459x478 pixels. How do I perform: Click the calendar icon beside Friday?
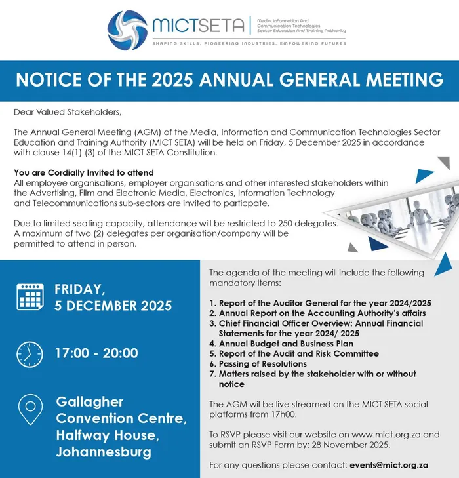click(29, 297)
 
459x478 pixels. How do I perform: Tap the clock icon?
click(29, 353)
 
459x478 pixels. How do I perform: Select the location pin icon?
click(29, 410)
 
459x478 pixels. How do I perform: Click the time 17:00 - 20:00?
click(96, 353)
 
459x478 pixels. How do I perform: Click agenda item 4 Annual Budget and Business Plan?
click(281, 343)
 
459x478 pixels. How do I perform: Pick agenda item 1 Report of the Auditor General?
click(320, 303)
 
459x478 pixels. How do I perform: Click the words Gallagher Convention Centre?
click(122, 410)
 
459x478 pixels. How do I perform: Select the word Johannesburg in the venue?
click(104, 452)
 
